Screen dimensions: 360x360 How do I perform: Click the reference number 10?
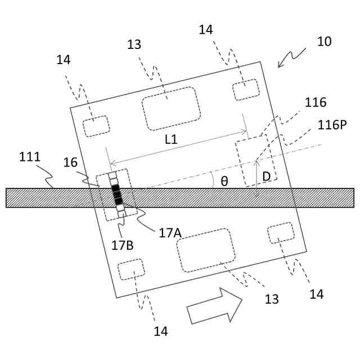coord(325,42)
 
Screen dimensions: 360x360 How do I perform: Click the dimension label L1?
coord(171,140)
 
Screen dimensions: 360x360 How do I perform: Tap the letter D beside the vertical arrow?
coord(266,177)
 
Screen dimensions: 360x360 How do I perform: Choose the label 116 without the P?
coord(315,102)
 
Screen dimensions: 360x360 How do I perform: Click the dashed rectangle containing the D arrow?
coord(256,160)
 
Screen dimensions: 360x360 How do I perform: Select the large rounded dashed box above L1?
coord(171,107)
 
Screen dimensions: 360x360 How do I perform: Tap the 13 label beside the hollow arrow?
coord(272,299)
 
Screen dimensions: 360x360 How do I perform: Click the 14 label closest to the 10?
coord(206,30)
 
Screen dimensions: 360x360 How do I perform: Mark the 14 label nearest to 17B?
coord(161,332)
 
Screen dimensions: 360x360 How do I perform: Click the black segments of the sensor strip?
coord(117,193)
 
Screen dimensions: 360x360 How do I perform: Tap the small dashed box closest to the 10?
coord(246,89)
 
